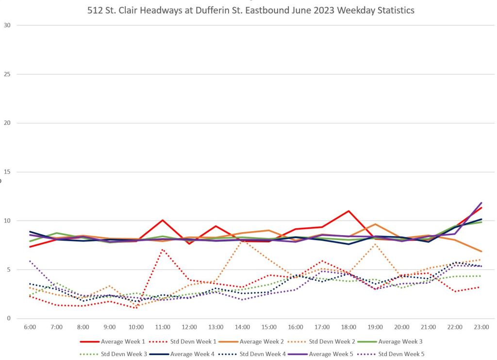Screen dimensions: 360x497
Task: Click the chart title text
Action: [251, 10]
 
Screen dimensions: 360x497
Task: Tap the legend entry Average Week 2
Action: [268, 342]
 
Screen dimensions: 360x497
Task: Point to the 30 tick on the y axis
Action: [8, 25]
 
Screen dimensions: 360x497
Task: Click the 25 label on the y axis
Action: [8, 74]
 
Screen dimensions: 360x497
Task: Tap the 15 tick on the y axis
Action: [8, 172]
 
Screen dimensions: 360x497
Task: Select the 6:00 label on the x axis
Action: [30, 327]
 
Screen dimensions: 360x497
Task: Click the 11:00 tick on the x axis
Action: [163, 327]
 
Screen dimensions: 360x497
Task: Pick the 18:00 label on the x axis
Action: [348, 327]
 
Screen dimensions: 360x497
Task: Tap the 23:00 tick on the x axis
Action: [481, 327]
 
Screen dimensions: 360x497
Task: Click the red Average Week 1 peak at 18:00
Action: [348, 211]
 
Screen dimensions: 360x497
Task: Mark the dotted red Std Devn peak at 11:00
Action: [163, 250]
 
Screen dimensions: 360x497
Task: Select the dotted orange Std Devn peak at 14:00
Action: [242, 240]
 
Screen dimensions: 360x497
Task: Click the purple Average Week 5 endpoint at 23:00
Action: [481, 203]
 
